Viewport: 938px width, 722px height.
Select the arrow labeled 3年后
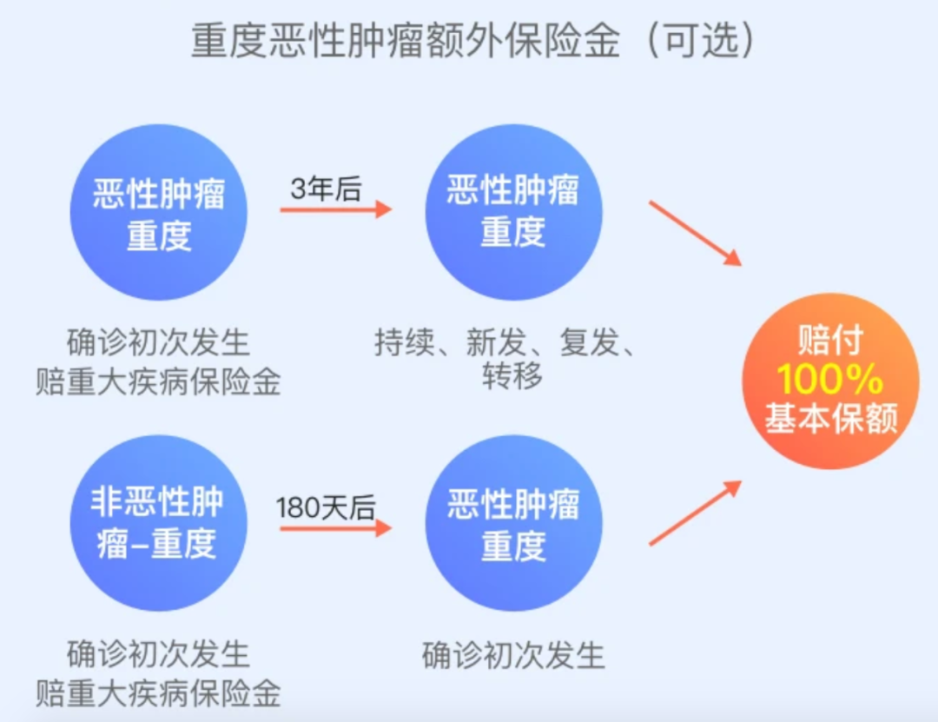335,209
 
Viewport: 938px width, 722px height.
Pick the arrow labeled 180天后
335,527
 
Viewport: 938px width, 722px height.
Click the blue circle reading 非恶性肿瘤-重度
158,523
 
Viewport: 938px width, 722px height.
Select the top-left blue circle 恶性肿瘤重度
158,212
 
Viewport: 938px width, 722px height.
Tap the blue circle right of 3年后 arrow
512,212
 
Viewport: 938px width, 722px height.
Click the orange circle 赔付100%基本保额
829,381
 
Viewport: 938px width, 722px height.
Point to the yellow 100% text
829,381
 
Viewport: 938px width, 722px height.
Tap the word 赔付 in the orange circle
829,342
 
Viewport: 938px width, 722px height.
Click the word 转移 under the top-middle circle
512,375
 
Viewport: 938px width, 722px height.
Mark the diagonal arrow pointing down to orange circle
695,233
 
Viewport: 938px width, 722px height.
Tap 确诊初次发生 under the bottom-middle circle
512,655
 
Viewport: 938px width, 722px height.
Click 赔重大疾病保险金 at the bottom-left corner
158,692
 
